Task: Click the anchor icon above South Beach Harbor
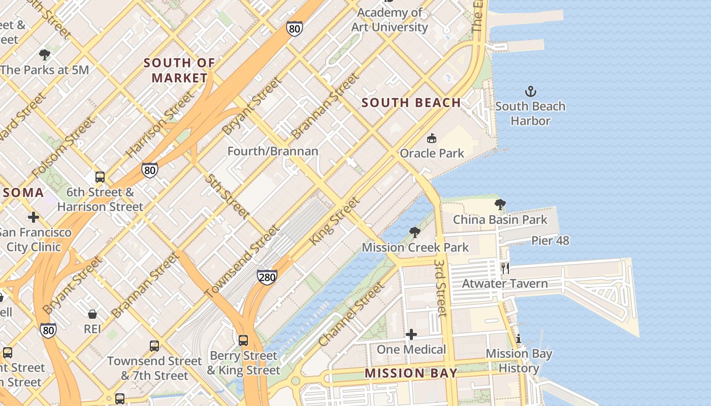point(530,92)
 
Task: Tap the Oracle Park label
point(432,153)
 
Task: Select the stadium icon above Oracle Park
point(432,138)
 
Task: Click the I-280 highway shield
point(267,277)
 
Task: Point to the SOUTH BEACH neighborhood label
point(411,103)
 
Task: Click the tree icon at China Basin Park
point(500,205)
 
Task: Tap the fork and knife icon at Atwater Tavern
point(505,268)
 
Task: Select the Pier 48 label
point(550,241)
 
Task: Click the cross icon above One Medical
point(411,334)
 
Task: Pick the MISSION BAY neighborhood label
point(411,374)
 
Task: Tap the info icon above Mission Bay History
point(519,339)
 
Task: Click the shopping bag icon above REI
point(92,314)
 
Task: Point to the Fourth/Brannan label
point(273,151)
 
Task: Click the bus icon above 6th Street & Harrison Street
point(100,177)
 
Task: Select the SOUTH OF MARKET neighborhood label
point(179,71)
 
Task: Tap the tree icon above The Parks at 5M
point(45,55)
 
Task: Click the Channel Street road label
point(351,315)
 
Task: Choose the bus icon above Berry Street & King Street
point(243,340)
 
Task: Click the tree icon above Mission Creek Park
point(414,232)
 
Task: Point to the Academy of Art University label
point(390,20)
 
